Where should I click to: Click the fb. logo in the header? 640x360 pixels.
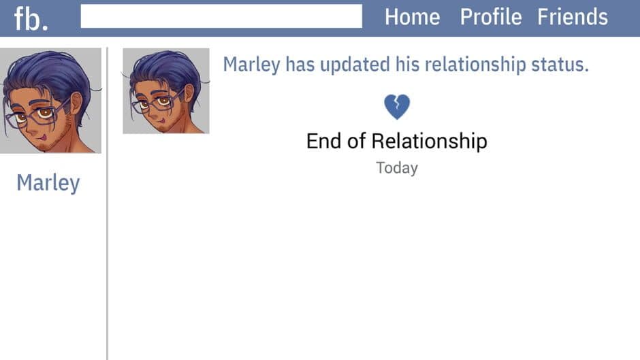31,18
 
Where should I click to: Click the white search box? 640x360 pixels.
221,16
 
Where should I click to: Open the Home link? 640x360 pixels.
412,17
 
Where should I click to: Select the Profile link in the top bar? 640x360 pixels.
490,17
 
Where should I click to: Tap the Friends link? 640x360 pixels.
572,17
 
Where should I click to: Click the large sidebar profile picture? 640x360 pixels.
50,100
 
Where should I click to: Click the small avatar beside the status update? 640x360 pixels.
165,91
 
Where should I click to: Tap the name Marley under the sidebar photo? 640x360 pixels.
48,182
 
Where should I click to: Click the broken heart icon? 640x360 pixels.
396,107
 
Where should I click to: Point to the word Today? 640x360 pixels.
396,167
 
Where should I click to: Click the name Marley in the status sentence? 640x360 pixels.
251,65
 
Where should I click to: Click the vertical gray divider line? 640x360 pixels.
108,204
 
